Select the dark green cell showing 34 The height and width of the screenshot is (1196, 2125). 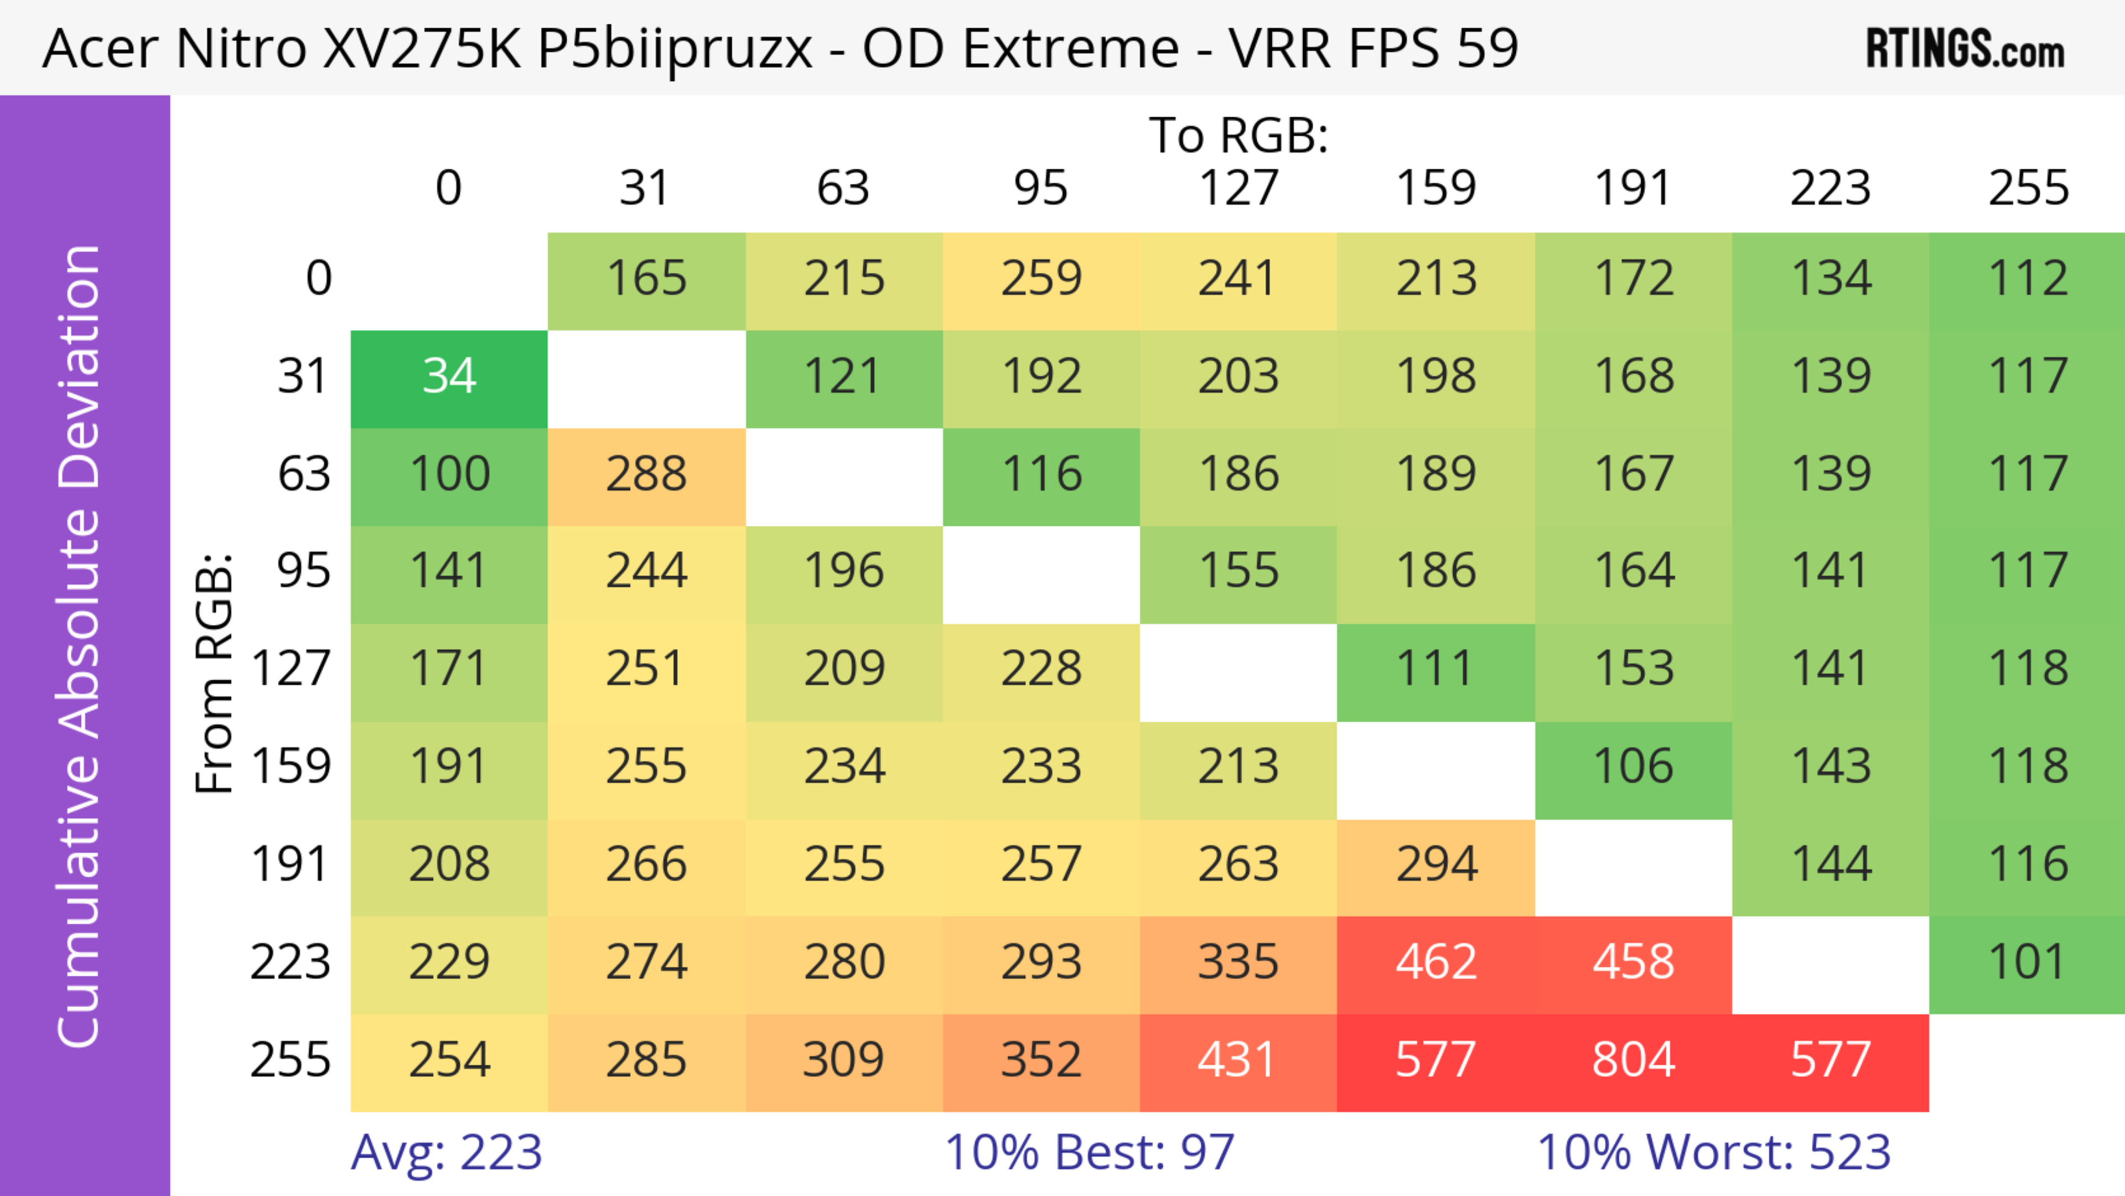[449, 377]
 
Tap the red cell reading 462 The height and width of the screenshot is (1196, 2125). [1435, 962]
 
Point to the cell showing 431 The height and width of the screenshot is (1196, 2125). [1237, 1060]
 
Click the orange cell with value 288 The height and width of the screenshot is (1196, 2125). [646, 474]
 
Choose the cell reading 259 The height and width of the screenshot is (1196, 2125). [1041, 279]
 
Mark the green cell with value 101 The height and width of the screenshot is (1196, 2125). [2027, 962]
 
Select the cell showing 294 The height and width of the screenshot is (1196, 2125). [1435, 865]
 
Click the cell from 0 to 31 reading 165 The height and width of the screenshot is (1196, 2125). [646, 279]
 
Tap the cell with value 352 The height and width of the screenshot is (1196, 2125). [1041, 1060]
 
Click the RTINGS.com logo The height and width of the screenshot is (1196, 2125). [1965, 49]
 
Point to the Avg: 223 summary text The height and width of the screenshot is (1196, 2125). [446, 1152]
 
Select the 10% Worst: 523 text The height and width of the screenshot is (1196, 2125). [1713, 1152]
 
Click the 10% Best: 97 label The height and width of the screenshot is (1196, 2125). [1089, 1152]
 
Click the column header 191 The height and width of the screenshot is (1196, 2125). [1632, 188]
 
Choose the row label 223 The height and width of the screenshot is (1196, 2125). [291, 962]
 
